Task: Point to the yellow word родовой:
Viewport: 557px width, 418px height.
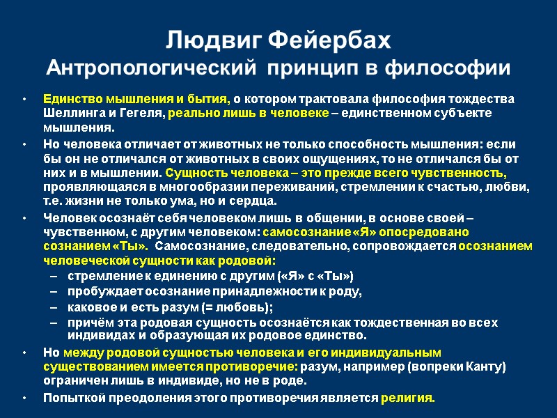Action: (249, 261)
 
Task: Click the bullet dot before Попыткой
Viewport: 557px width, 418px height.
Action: (26, 398)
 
